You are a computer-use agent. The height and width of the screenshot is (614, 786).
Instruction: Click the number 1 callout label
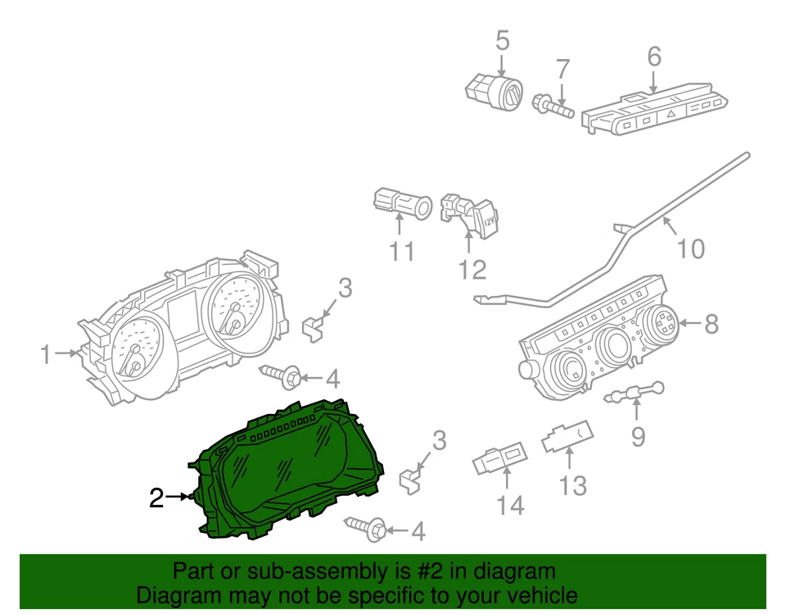click(x=47, y=354)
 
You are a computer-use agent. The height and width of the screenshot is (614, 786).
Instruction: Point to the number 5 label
click(x=502, y=39)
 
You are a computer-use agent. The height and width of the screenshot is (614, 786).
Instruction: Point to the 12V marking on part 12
click(x=488, y=221)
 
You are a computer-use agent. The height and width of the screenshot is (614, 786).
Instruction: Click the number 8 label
click(x=710, y=324)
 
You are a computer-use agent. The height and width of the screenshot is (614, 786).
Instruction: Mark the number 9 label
click(x=637, y=436)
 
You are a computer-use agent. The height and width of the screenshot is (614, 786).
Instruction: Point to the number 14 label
click(x=510, y=506)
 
